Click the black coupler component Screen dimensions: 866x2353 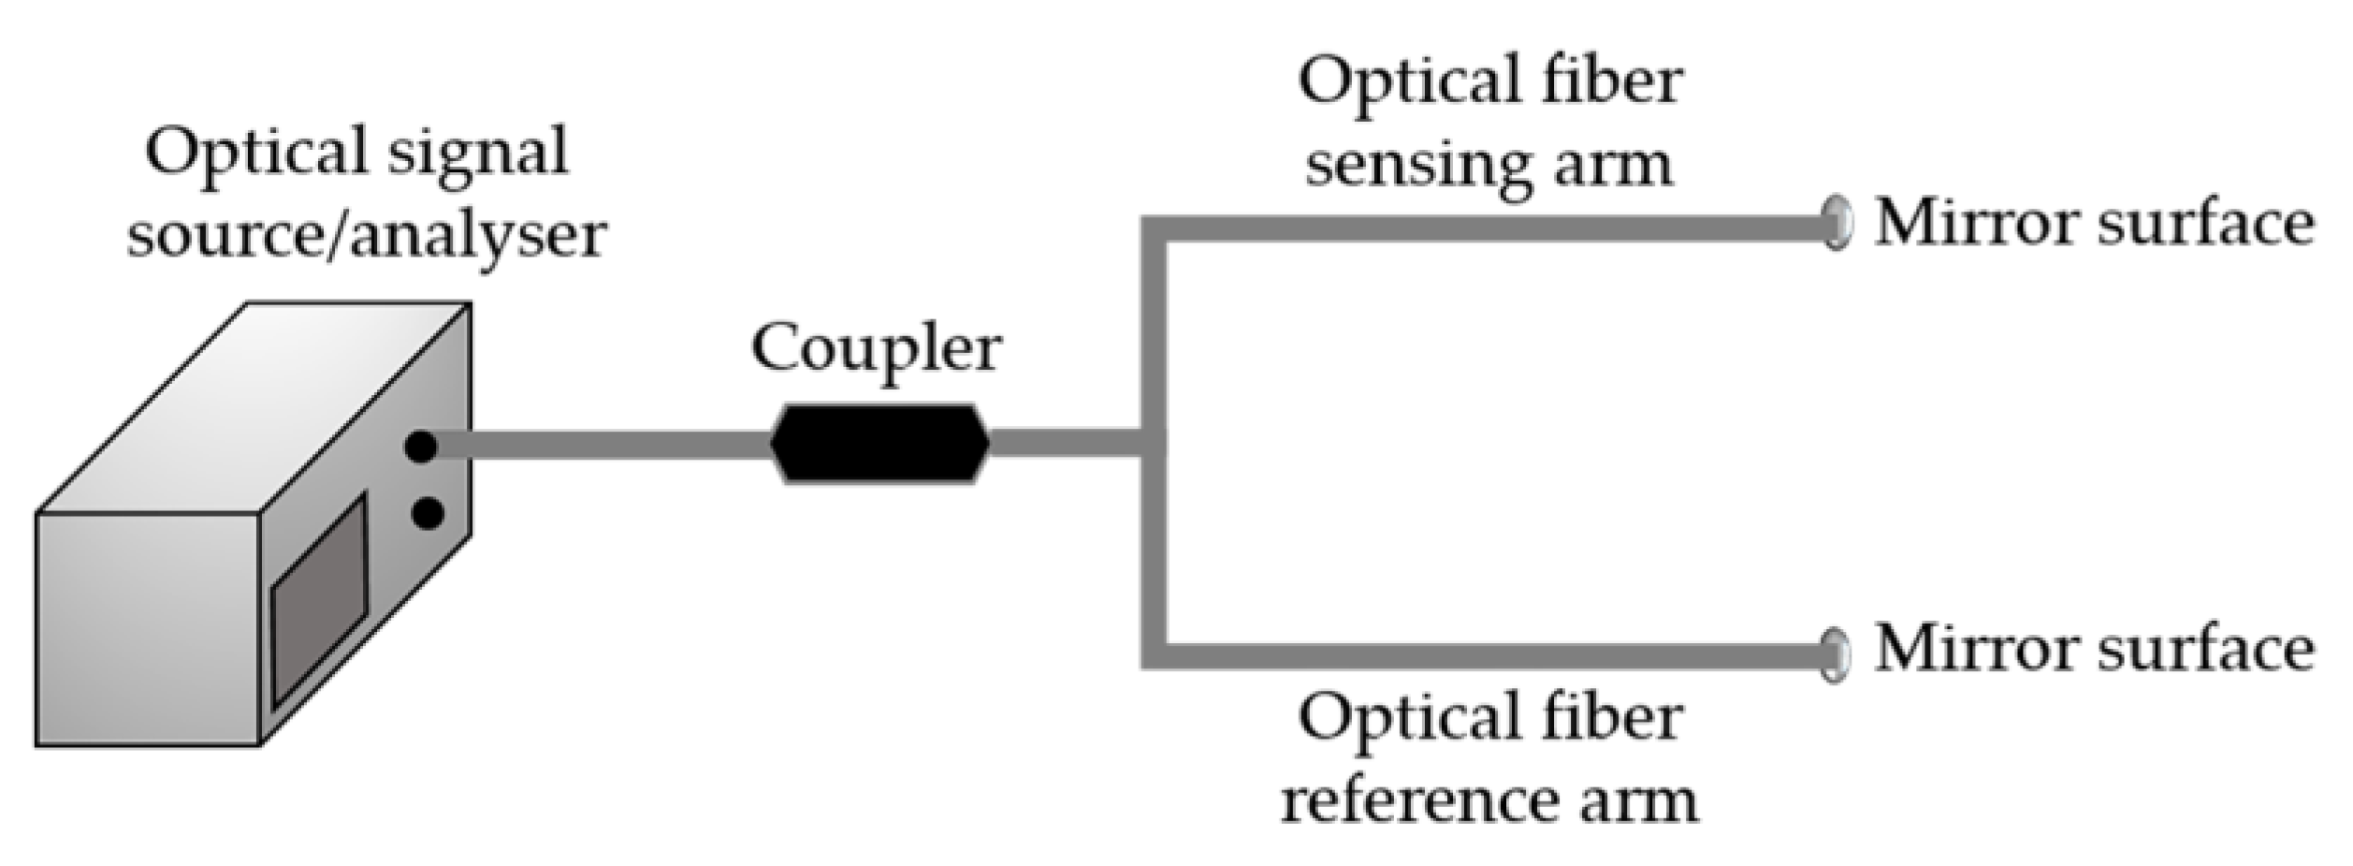coord(879,443)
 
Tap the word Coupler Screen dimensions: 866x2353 coord(876,349)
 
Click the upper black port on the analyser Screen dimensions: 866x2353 coord(422,447)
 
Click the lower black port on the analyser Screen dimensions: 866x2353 coord(428,513)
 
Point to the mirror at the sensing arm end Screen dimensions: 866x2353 coord(1837,223)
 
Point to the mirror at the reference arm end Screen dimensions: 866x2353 coord(1837,653)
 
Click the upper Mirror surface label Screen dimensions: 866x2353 coord(2094,225)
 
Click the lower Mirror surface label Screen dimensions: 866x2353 coord(2094,650)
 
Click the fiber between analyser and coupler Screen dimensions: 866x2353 coord(599,446)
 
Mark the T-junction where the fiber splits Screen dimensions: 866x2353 coord(1153,444)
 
